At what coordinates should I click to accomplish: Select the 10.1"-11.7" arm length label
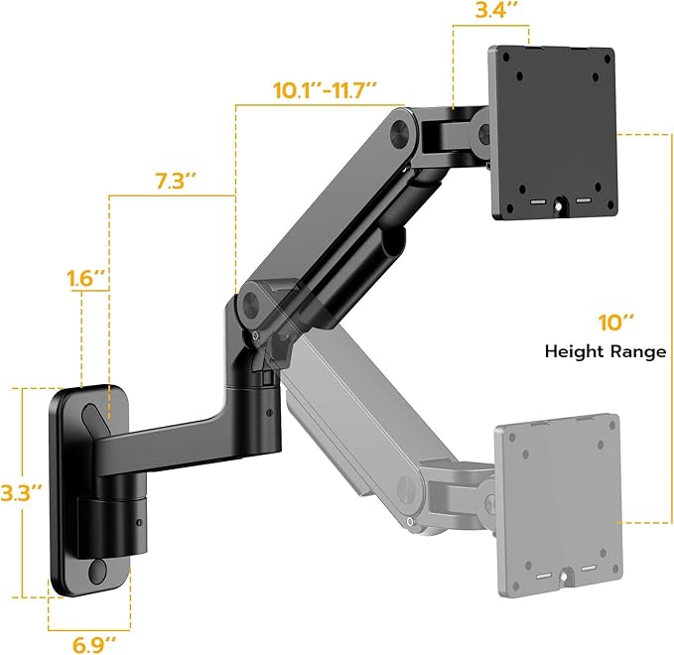tap(325, 88)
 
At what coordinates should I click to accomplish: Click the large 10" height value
tap(614, 323)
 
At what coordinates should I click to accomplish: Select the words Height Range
tap(605, 351)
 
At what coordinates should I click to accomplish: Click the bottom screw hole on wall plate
tap(96, 571)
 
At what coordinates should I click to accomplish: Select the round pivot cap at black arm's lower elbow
tap(251, 300)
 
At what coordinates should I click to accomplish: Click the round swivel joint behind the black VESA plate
tap(483, 129)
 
